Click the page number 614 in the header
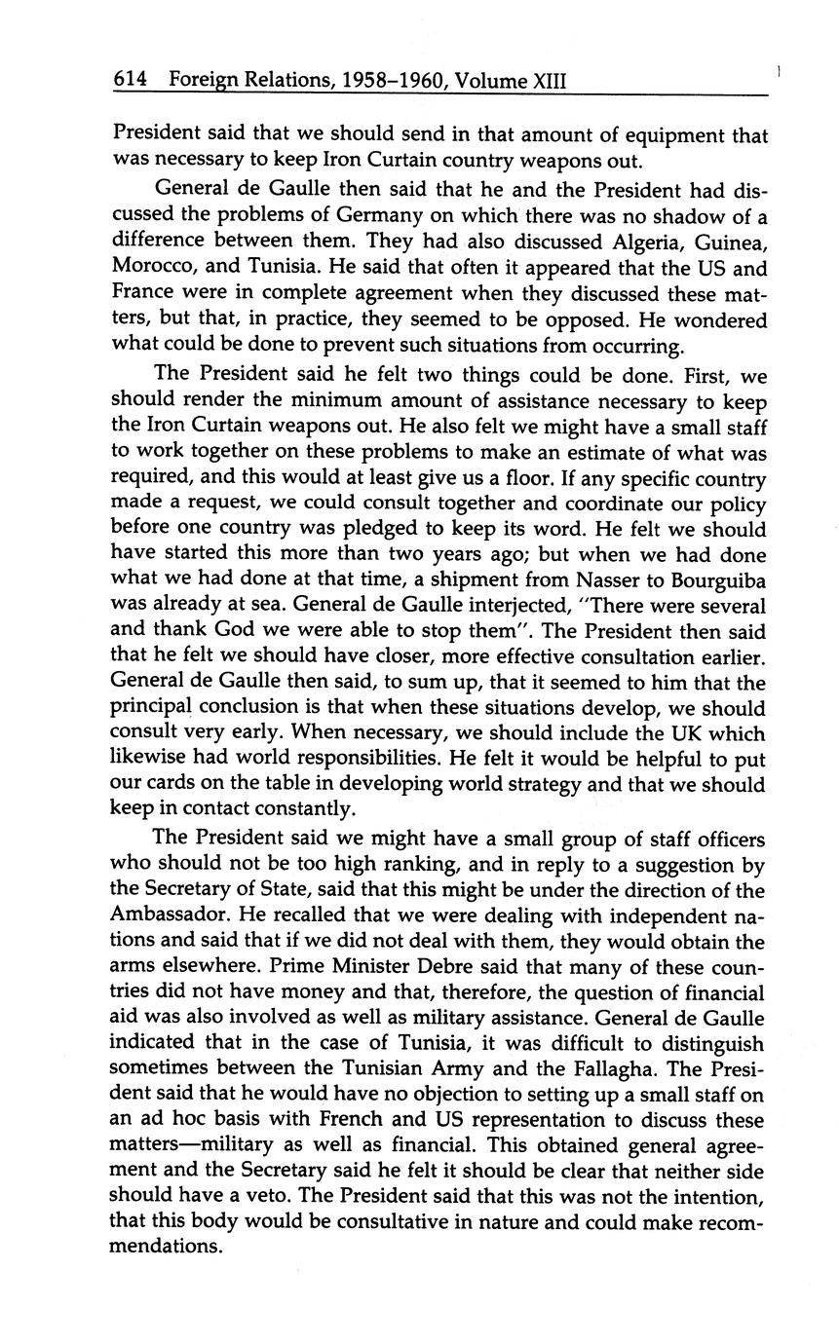click(130, 82)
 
